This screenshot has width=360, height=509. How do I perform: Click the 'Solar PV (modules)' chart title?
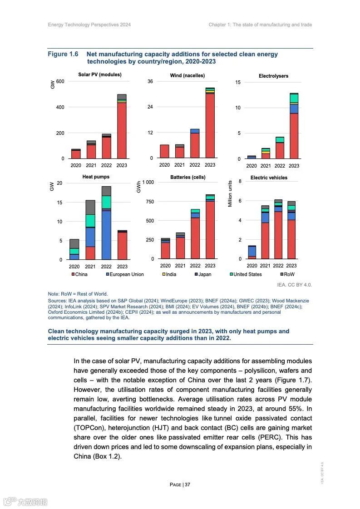99,74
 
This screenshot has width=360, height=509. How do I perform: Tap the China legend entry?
79,274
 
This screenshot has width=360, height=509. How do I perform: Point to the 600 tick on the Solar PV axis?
60,81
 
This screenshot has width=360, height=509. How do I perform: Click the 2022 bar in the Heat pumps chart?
106,222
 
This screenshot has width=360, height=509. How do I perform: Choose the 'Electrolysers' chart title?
273,76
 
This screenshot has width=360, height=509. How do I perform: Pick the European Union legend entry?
124,274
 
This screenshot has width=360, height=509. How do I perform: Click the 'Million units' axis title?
230,194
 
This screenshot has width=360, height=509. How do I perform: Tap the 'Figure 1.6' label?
63,54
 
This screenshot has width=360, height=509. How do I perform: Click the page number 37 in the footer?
180,484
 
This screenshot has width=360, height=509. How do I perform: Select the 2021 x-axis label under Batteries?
180,266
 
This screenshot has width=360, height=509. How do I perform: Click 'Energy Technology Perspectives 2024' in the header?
89,25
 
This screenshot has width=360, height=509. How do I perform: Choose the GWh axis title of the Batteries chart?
139,187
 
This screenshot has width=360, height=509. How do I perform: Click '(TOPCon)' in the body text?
90,428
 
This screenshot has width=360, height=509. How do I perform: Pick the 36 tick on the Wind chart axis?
150,82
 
